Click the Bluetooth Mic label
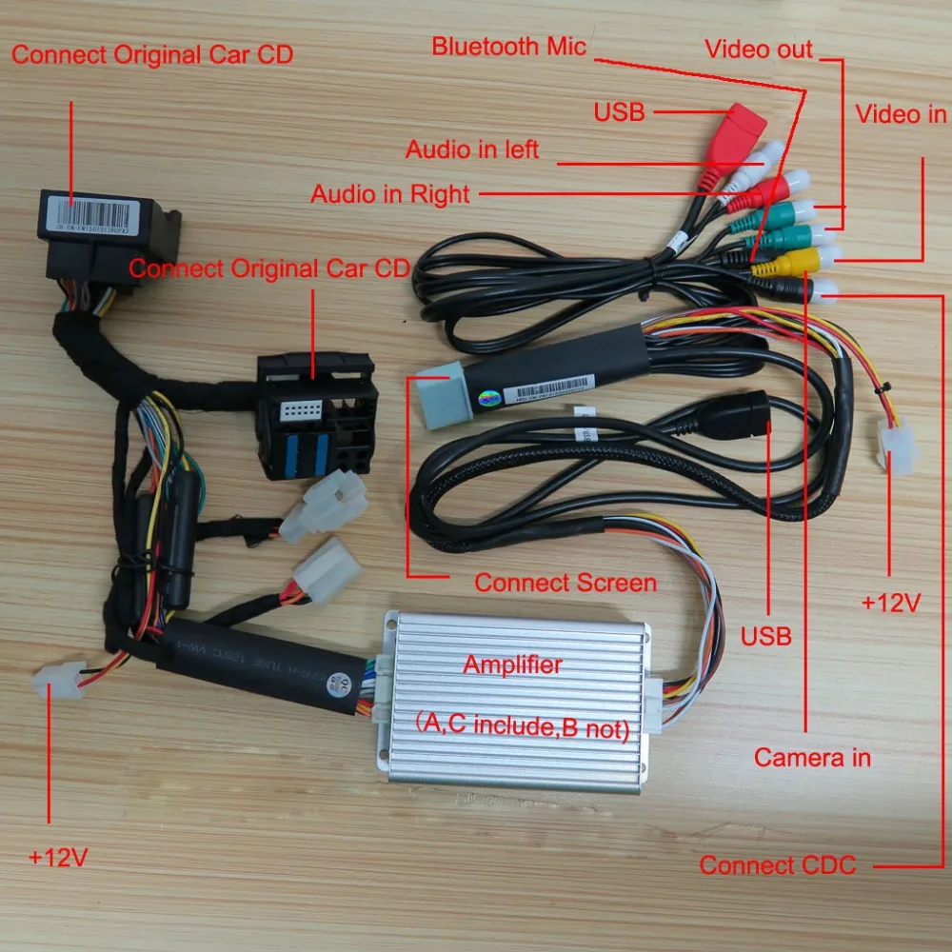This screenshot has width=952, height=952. click(x=509, y=47)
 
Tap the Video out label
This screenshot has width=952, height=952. click(x=759, y=50)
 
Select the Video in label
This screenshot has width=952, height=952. click(x=901, y=115)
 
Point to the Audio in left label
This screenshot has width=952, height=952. click(x=472, y=149)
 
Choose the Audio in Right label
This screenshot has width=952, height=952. click(x=390, y=194)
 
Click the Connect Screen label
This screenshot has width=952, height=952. click(x=565, y=583)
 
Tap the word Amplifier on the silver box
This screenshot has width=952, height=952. click(x=512, y=664)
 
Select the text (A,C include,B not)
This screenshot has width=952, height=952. click(x=522, y=728)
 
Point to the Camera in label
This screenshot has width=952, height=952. click(x=812, y=758)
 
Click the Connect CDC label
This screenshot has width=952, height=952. click(x=778, y=865)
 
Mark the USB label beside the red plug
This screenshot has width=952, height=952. click(x=619, y=112)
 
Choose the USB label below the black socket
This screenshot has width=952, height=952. click(x=766, y=635)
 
